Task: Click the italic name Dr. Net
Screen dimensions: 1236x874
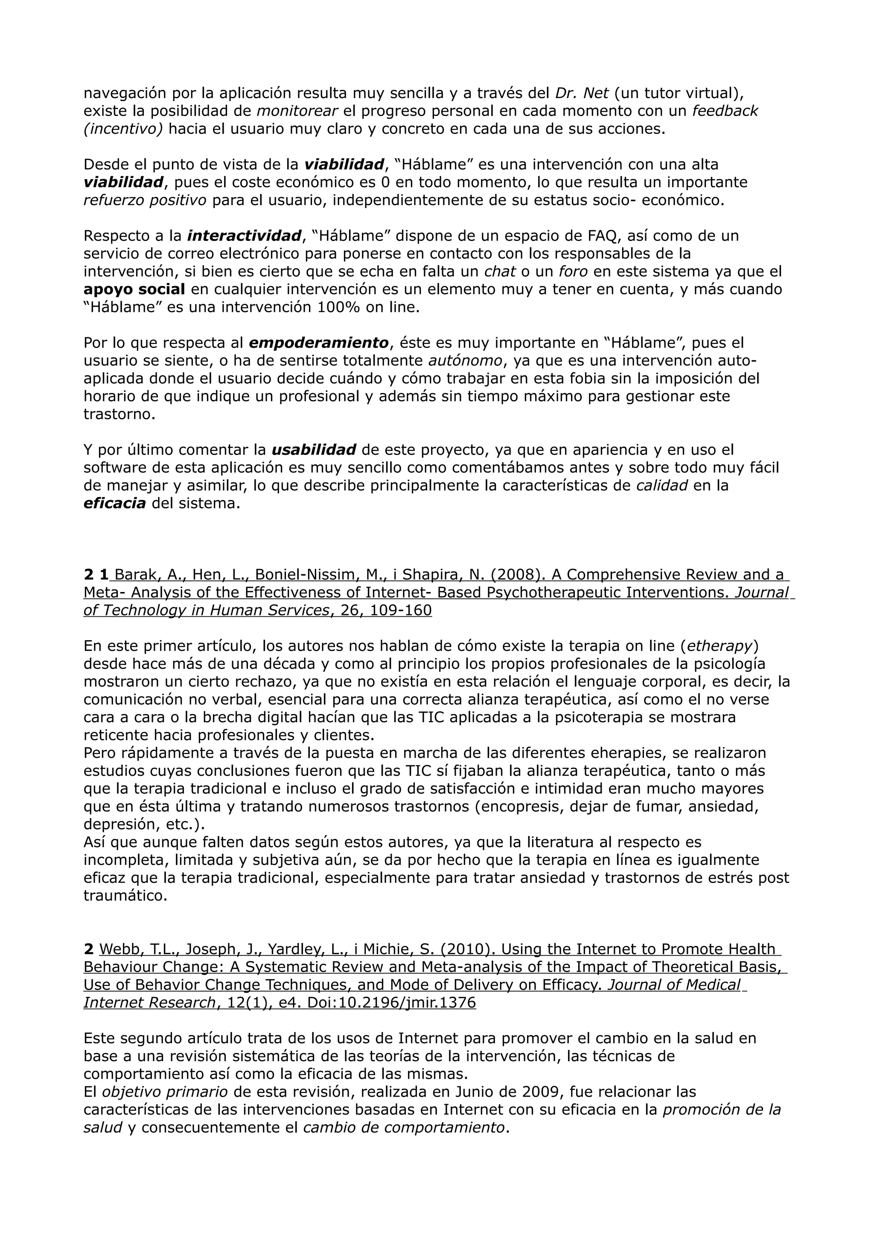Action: [x=582, y=94]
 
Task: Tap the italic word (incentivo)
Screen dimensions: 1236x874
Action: [x=123, y=129]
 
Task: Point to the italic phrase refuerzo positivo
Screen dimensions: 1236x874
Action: [x=145, y=200]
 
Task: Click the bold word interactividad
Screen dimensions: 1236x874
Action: [x=244, y=236]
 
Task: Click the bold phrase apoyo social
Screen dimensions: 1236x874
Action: [x=134, y=289]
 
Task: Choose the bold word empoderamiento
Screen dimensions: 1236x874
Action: [x=319, y=343]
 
